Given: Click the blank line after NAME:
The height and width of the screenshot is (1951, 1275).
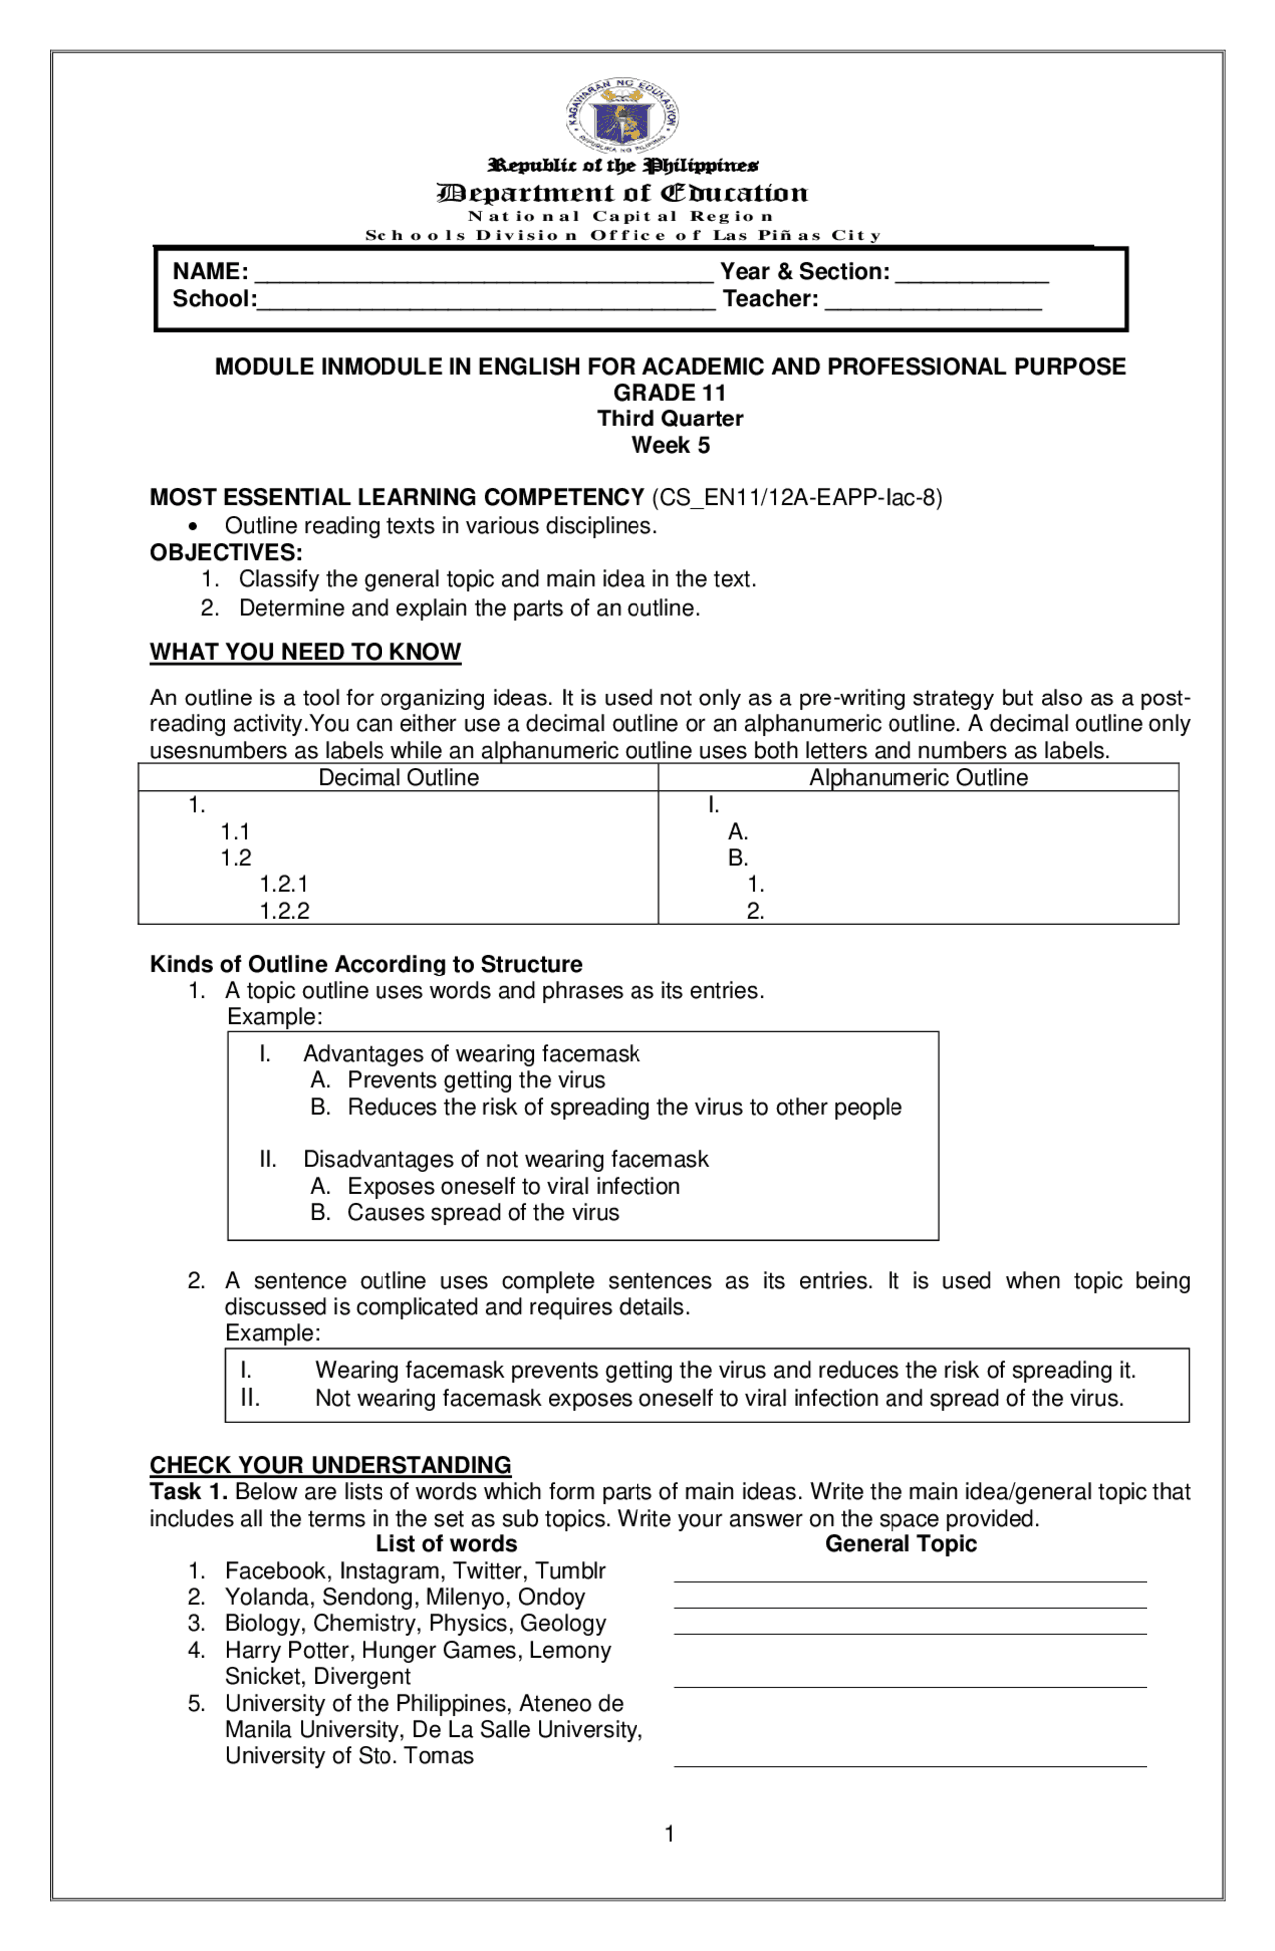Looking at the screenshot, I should (x=483, y=279).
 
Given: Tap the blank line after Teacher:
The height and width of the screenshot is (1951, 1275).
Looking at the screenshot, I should (x=932, y=306).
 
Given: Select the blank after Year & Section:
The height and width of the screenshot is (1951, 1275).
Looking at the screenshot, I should (x=971, y=279).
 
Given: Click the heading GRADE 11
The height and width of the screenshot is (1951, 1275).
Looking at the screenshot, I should (x=669, y=393).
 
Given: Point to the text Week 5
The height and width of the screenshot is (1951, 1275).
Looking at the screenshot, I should (x=669, y=445).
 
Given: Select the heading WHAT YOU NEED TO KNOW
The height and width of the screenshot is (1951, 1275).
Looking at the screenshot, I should (x=305, y=652).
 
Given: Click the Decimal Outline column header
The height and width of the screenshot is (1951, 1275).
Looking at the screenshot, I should (x=398, y=778).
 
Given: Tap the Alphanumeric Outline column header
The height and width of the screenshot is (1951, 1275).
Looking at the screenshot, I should (x=917, y=778).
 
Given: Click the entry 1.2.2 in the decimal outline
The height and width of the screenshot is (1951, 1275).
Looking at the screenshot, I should (x=284, y=911).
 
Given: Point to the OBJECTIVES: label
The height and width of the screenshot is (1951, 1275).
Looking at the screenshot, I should (x=226, y=553).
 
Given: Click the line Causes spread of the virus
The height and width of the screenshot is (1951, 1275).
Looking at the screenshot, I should (x=482, y=1213).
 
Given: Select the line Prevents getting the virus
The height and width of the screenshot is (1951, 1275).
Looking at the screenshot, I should (x=475, y=1081).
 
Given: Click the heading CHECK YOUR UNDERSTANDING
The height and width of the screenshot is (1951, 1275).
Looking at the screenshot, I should (x=330, y=1465).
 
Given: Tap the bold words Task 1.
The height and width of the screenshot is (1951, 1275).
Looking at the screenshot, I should (x=188, y=1492).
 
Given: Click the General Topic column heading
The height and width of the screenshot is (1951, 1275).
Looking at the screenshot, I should (x=900, y=1544).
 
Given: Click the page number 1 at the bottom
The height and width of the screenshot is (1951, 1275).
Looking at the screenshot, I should (x=669, y=1834).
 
